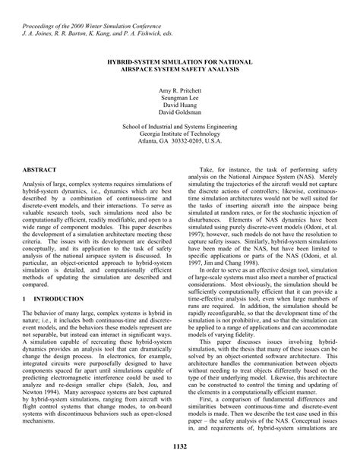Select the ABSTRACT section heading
43,171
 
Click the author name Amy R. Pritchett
180,90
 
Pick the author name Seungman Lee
180,98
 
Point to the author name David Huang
180,106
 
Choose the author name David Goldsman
180,115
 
